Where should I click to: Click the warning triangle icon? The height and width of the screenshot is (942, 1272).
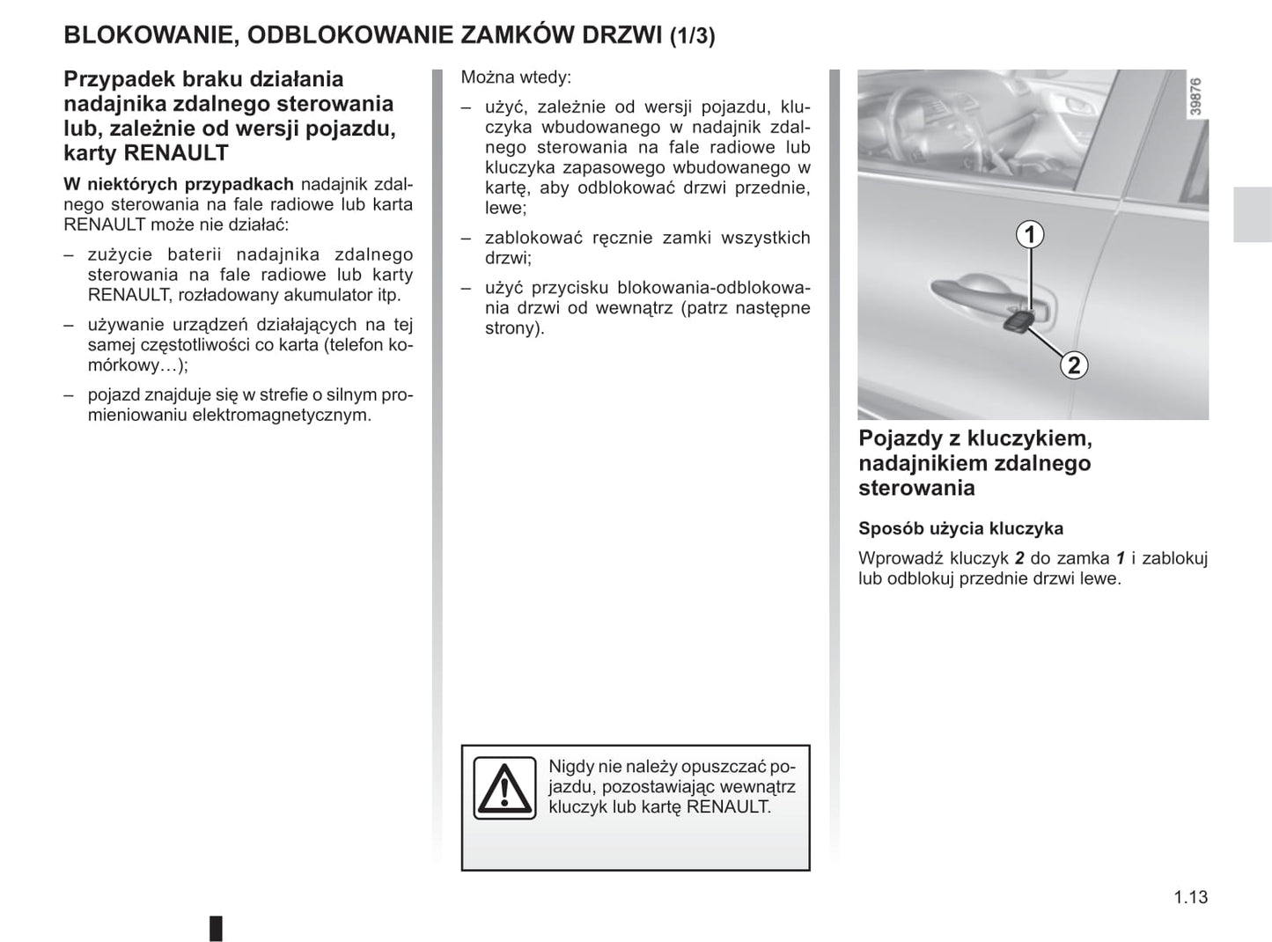(504, 788)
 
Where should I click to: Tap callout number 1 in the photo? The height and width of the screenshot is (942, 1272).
(1030, 235)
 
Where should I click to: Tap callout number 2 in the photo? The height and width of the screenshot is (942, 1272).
(1073, 364)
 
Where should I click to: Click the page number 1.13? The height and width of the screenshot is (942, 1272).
(1190, 897)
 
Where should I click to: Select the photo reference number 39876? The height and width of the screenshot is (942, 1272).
(1195, 97)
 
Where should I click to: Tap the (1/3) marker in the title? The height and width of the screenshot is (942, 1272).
(692, 36)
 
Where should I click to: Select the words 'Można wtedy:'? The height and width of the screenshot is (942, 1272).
(516, 77)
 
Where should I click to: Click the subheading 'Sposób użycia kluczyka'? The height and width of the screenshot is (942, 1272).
(960, 529)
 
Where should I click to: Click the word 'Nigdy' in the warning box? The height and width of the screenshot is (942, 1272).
(570, 767)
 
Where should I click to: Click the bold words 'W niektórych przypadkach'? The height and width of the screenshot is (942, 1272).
(179, 184)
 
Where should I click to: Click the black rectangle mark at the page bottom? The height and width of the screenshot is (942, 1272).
(216, 928)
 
